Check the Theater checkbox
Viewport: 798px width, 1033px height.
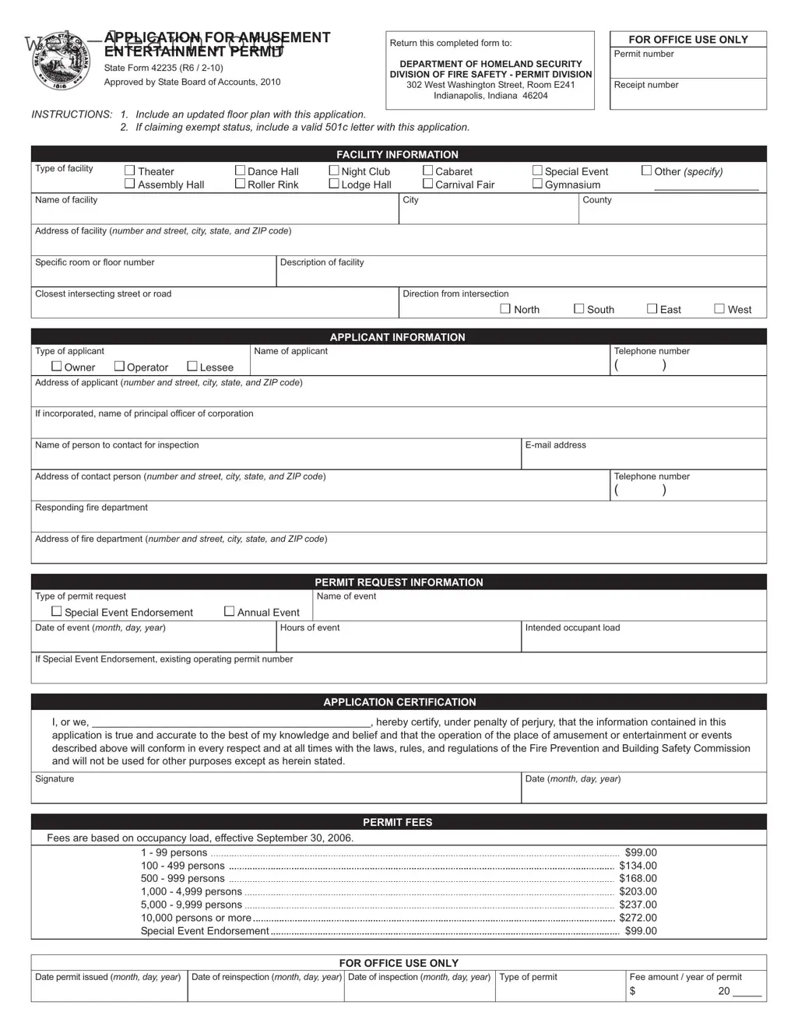(130, 170)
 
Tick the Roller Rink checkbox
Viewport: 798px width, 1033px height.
(240, 184)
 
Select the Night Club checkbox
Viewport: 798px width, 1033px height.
(334, 170)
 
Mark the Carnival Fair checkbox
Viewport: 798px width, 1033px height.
(427, 184)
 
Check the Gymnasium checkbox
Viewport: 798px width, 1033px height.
(537, 184)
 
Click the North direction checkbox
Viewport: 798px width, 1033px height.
(505, 308)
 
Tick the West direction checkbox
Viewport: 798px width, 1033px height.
(719, 308)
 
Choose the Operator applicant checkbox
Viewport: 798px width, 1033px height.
(119, 366)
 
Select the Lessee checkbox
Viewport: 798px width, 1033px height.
(192, 366)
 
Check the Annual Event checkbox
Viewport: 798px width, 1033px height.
(229, 611)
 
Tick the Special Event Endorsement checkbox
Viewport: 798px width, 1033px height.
(57, 611)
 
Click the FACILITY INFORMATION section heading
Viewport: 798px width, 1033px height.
(397, 154)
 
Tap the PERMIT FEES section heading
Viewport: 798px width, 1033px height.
(397, 822)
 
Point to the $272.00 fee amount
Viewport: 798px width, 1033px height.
(638, 918)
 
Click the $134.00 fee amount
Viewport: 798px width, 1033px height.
(638, 866)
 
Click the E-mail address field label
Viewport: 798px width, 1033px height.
(555, 445)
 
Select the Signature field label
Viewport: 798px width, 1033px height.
(54, 778)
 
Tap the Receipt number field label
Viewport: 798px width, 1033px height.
(645, 85)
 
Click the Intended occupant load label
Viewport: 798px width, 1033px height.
(572, 627)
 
